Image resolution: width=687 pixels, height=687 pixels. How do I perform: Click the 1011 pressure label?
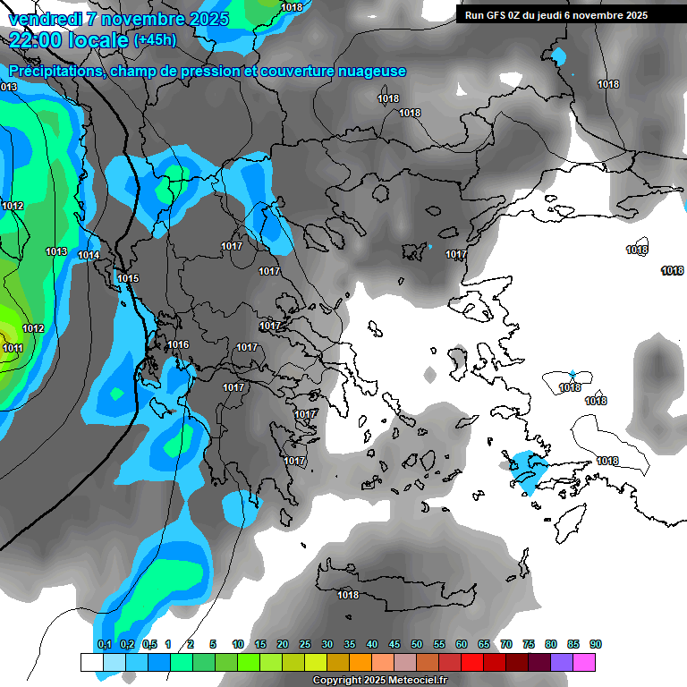(x=13, y=348)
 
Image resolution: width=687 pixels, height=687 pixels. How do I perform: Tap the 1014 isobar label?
(x=89, y=256)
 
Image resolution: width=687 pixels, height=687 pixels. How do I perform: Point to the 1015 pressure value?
(x=128, y=279)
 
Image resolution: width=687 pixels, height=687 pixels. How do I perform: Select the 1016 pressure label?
(x=178, y=344)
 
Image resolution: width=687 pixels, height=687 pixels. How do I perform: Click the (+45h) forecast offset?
(x=155, y=40)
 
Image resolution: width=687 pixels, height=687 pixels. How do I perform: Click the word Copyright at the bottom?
(x=337, y=681)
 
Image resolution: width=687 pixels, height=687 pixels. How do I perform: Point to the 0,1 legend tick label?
(x=105, y=645)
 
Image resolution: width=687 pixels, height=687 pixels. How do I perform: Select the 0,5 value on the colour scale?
(x=149, y=645)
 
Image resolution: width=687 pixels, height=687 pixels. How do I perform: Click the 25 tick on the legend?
(x=305, y=645)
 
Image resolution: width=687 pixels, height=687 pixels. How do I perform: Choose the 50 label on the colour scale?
(x=417, y=645)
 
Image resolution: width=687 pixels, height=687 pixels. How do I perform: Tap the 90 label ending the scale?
(x=596, y=645)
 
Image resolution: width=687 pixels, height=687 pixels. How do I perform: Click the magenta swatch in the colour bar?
(x=584, y=662)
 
